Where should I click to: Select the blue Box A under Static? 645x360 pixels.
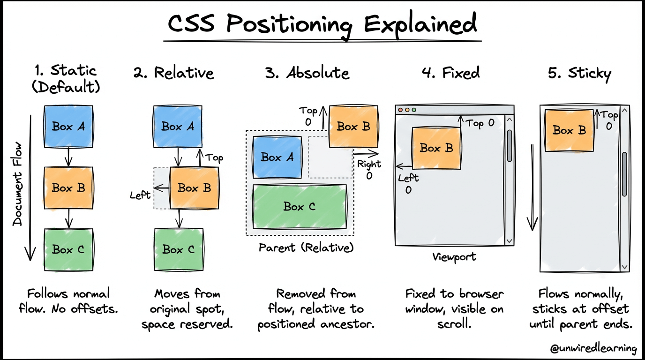(x=68, y=126)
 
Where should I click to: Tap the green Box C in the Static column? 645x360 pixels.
(x=68, y=249)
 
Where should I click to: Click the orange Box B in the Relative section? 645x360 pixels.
(x=194, y=188)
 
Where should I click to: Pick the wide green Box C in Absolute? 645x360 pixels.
(x=300, y=206)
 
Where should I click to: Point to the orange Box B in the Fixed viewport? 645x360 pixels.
(x=436, y=148)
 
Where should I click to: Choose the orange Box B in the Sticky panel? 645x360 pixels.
(x=569, y=130)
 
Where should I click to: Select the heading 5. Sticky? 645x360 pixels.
(x=579, y=74)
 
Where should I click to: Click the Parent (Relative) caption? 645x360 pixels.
(x=306, y=247)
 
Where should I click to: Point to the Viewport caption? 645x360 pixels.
(x=454, y=257)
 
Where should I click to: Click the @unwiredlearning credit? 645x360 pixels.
(x=594, y=348)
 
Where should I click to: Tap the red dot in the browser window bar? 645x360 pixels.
(x=400, y=110)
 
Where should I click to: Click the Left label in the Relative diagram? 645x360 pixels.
(x=140, y=195)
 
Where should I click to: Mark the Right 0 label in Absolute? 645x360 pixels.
(x=369, y=169)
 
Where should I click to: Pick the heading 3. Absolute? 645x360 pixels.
(x=307, y=73)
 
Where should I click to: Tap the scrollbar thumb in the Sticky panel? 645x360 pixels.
(x=624, y=174)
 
